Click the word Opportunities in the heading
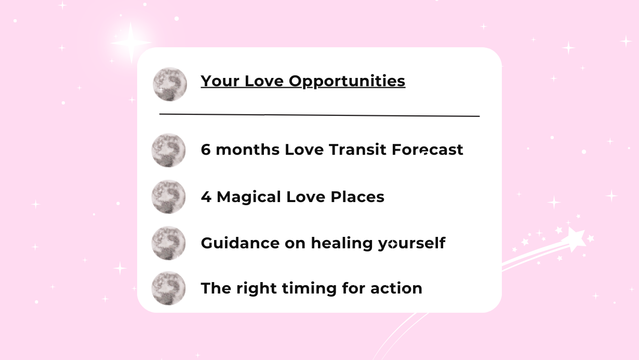click(347, 81)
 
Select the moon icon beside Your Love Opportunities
click(170, 84)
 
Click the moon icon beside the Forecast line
click(168, 150)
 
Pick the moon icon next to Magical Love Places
click(168, 196)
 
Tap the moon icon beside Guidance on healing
click(168, 243)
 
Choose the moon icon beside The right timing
click(168, 288)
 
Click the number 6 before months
click(206, 150)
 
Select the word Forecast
click(428, 150)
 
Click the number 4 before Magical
click(206, 197)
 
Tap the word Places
click(357, 197)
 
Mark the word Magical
click(249, 197)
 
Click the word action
click(396, 288)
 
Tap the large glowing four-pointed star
click(131, 43)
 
